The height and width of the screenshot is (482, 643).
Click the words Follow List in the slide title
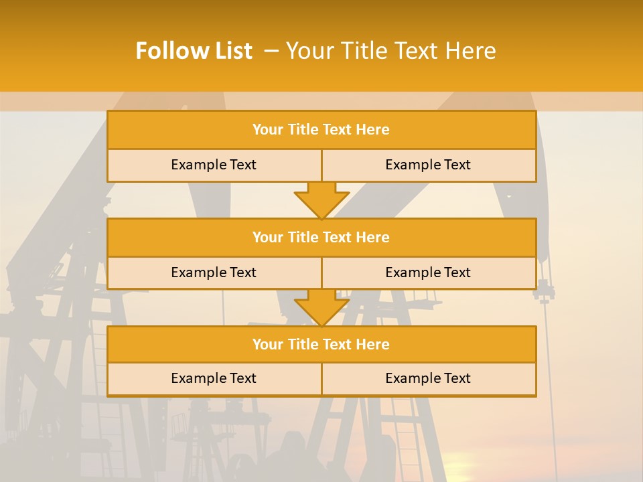[x=194, y=51]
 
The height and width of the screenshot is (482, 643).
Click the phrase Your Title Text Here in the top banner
[x=391, y=51]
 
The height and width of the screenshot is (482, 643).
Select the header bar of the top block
[x=321, y=130]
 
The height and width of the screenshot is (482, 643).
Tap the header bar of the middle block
[x=321, y=237]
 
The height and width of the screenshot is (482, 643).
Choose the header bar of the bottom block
[x=321, y=344]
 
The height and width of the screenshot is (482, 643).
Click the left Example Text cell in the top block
[x=214, y=165]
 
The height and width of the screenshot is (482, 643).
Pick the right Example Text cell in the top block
[x=428, y=165]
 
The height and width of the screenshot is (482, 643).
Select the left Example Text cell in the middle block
[x=214, y=272]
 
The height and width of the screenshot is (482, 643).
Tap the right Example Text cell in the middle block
[x=428, y=272]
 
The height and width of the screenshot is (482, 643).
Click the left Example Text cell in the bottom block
[x=214, y=378]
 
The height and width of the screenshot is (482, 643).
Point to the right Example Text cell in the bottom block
[x=428, y=378]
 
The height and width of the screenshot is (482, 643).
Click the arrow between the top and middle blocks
[x=321, y=200]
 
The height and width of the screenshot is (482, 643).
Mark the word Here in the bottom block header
[x=373, y=344]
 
